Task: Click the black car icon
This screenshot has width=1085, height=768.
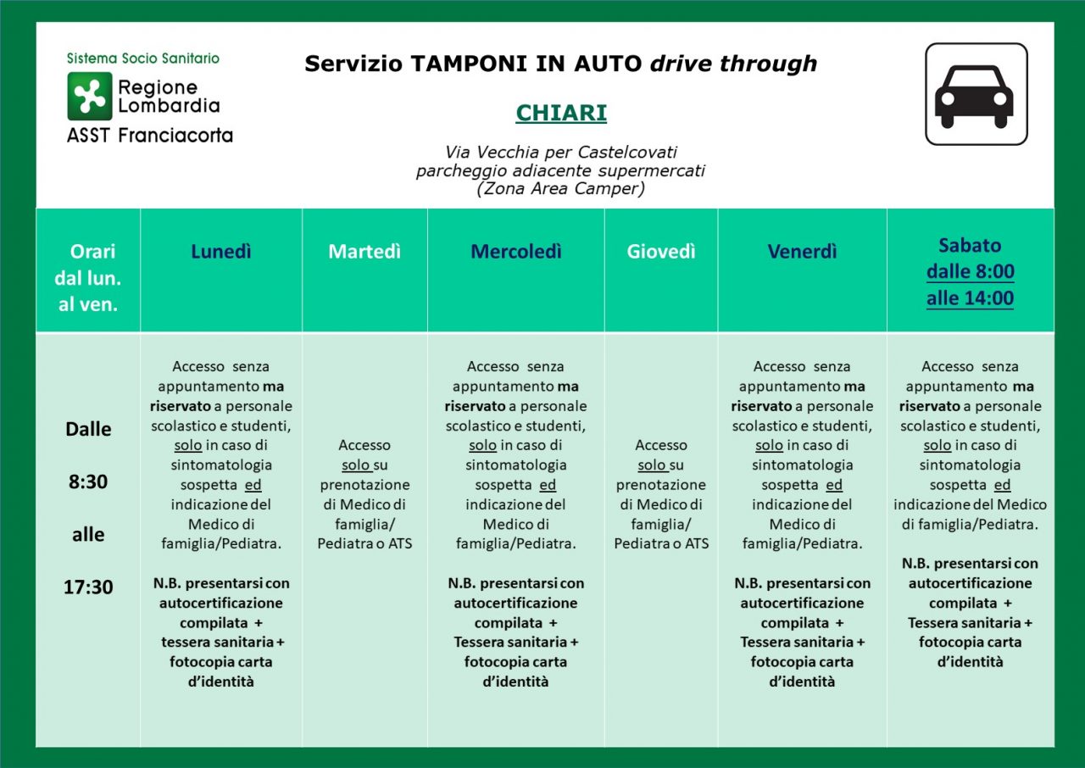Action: (976, 94)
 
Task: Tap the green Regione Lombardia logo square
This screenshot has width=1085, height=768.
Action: (90, 96)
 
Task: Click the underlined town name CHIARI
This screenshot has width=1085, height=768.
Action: (561, 114)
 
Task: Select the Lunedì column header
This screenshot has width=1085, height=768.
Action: (221, 252)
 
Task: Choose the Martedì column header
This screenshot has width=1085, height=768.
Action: (364, 252)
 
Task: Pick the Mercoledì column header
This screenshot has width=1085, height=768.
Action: (515, 252)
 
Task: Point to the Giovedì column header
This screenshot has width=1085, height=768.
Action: (661, 252)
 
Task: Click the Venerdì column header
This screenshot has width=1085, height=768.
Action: (802, 252)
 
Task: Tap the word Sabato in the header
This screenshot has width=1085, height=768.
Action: (970, 245)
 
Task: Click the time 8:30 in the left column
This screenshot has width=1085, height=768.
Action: (88, 481)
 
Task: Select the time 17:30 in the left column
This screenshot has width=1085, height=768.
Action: (88, 587)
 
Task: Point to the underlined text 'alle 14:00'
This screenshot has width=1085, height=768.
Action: (970, 298)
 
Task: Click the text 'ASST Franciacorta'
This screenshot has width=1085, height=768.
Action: (150, 135)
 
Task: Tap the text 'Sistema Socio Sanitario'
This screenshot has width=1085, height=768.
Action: (143, 58)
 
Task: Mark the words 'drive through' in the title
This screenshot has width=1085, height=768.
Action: (733, 64)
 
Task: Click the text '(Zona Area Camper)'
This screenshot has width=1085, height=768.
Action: (560, 189)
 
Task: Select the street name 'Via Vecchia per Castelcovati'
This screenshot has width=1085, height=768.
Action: (560, 153)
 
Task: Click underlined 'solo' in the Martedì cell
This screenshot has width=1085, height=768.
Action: (356, 465)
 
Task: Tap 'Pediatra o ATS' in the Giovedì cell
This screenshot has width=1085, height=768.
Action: (661, 543)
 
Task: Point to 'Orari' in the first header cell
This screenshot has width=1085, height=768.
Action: (92, 252)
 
